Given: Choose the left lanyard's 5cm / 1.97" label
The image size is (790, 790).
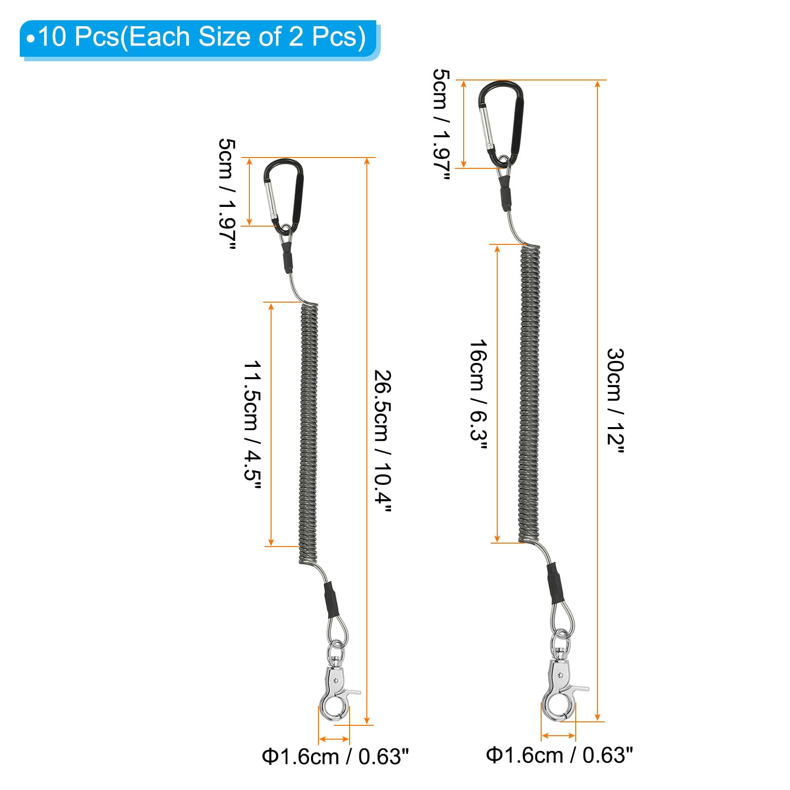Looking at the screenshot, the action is coord(227,194).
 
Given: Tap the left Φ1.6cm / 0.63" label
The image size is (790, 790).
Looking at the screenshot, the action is coord(336,756).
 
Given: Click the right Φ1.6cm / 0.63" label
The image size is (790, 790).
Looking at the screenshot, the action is coord(559,755).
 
